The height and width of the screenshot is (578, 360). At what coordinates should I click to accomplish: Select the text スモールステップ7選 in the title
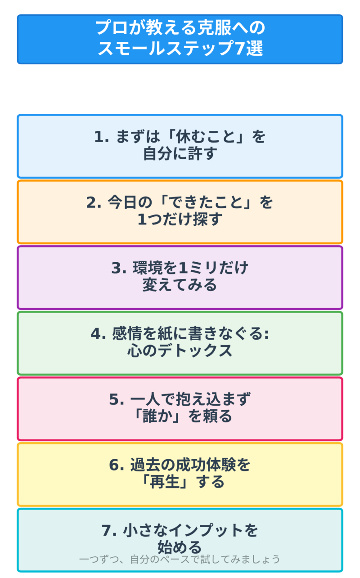(x=180, y=49)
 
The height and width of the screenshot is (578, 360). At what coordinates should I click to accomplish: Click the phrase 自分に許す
(x=180, y=154)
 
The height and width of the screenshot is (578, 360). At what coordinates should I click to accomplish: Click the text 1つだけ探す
(x=180, y=220)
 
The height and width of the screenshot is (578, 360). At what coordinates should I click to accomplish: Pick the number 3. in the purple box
(x=119, y=268)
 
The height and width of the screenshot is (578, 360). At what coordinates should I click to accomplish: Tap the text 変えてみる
(x=180, y=285)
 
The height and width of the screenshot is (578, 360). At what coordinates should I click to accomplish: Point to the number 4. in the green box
(x=98, y=334)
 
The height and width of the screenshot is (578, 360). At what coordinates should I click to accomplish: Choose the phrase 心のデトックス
(x=180, y=351)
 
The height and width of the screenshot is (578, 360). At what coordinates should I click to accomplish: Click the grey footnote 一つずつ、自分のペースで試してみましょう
(x=180, y=560)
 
